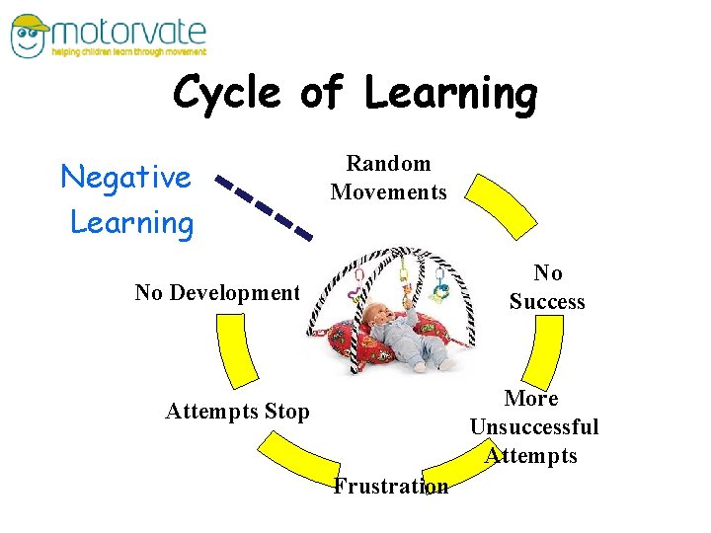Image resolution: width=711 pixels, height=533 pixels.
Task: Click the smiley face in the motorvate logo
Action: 29,37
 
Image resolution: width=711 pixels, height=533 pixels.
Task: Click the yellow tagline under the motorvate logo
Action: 128,52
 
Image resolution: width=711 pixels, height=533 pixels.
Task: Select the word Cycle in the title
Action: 227,94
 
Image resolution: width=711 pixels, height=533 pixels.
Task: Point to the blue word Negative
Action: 126,178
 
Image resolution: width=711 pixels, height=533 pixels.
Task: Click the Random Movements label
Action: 388,178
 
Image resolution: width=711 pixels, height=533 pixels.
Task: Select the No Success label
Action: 547,287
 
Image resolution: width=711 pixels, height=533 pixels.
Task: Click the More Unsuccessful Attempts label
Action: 533,426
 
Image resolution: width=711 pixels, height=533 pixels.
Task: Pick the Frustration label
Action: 390,486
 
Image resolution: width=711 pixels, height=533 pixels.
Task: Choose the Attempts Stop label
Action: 237,412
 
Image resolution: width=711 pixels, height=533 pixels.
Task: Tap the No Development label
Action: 217,292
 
